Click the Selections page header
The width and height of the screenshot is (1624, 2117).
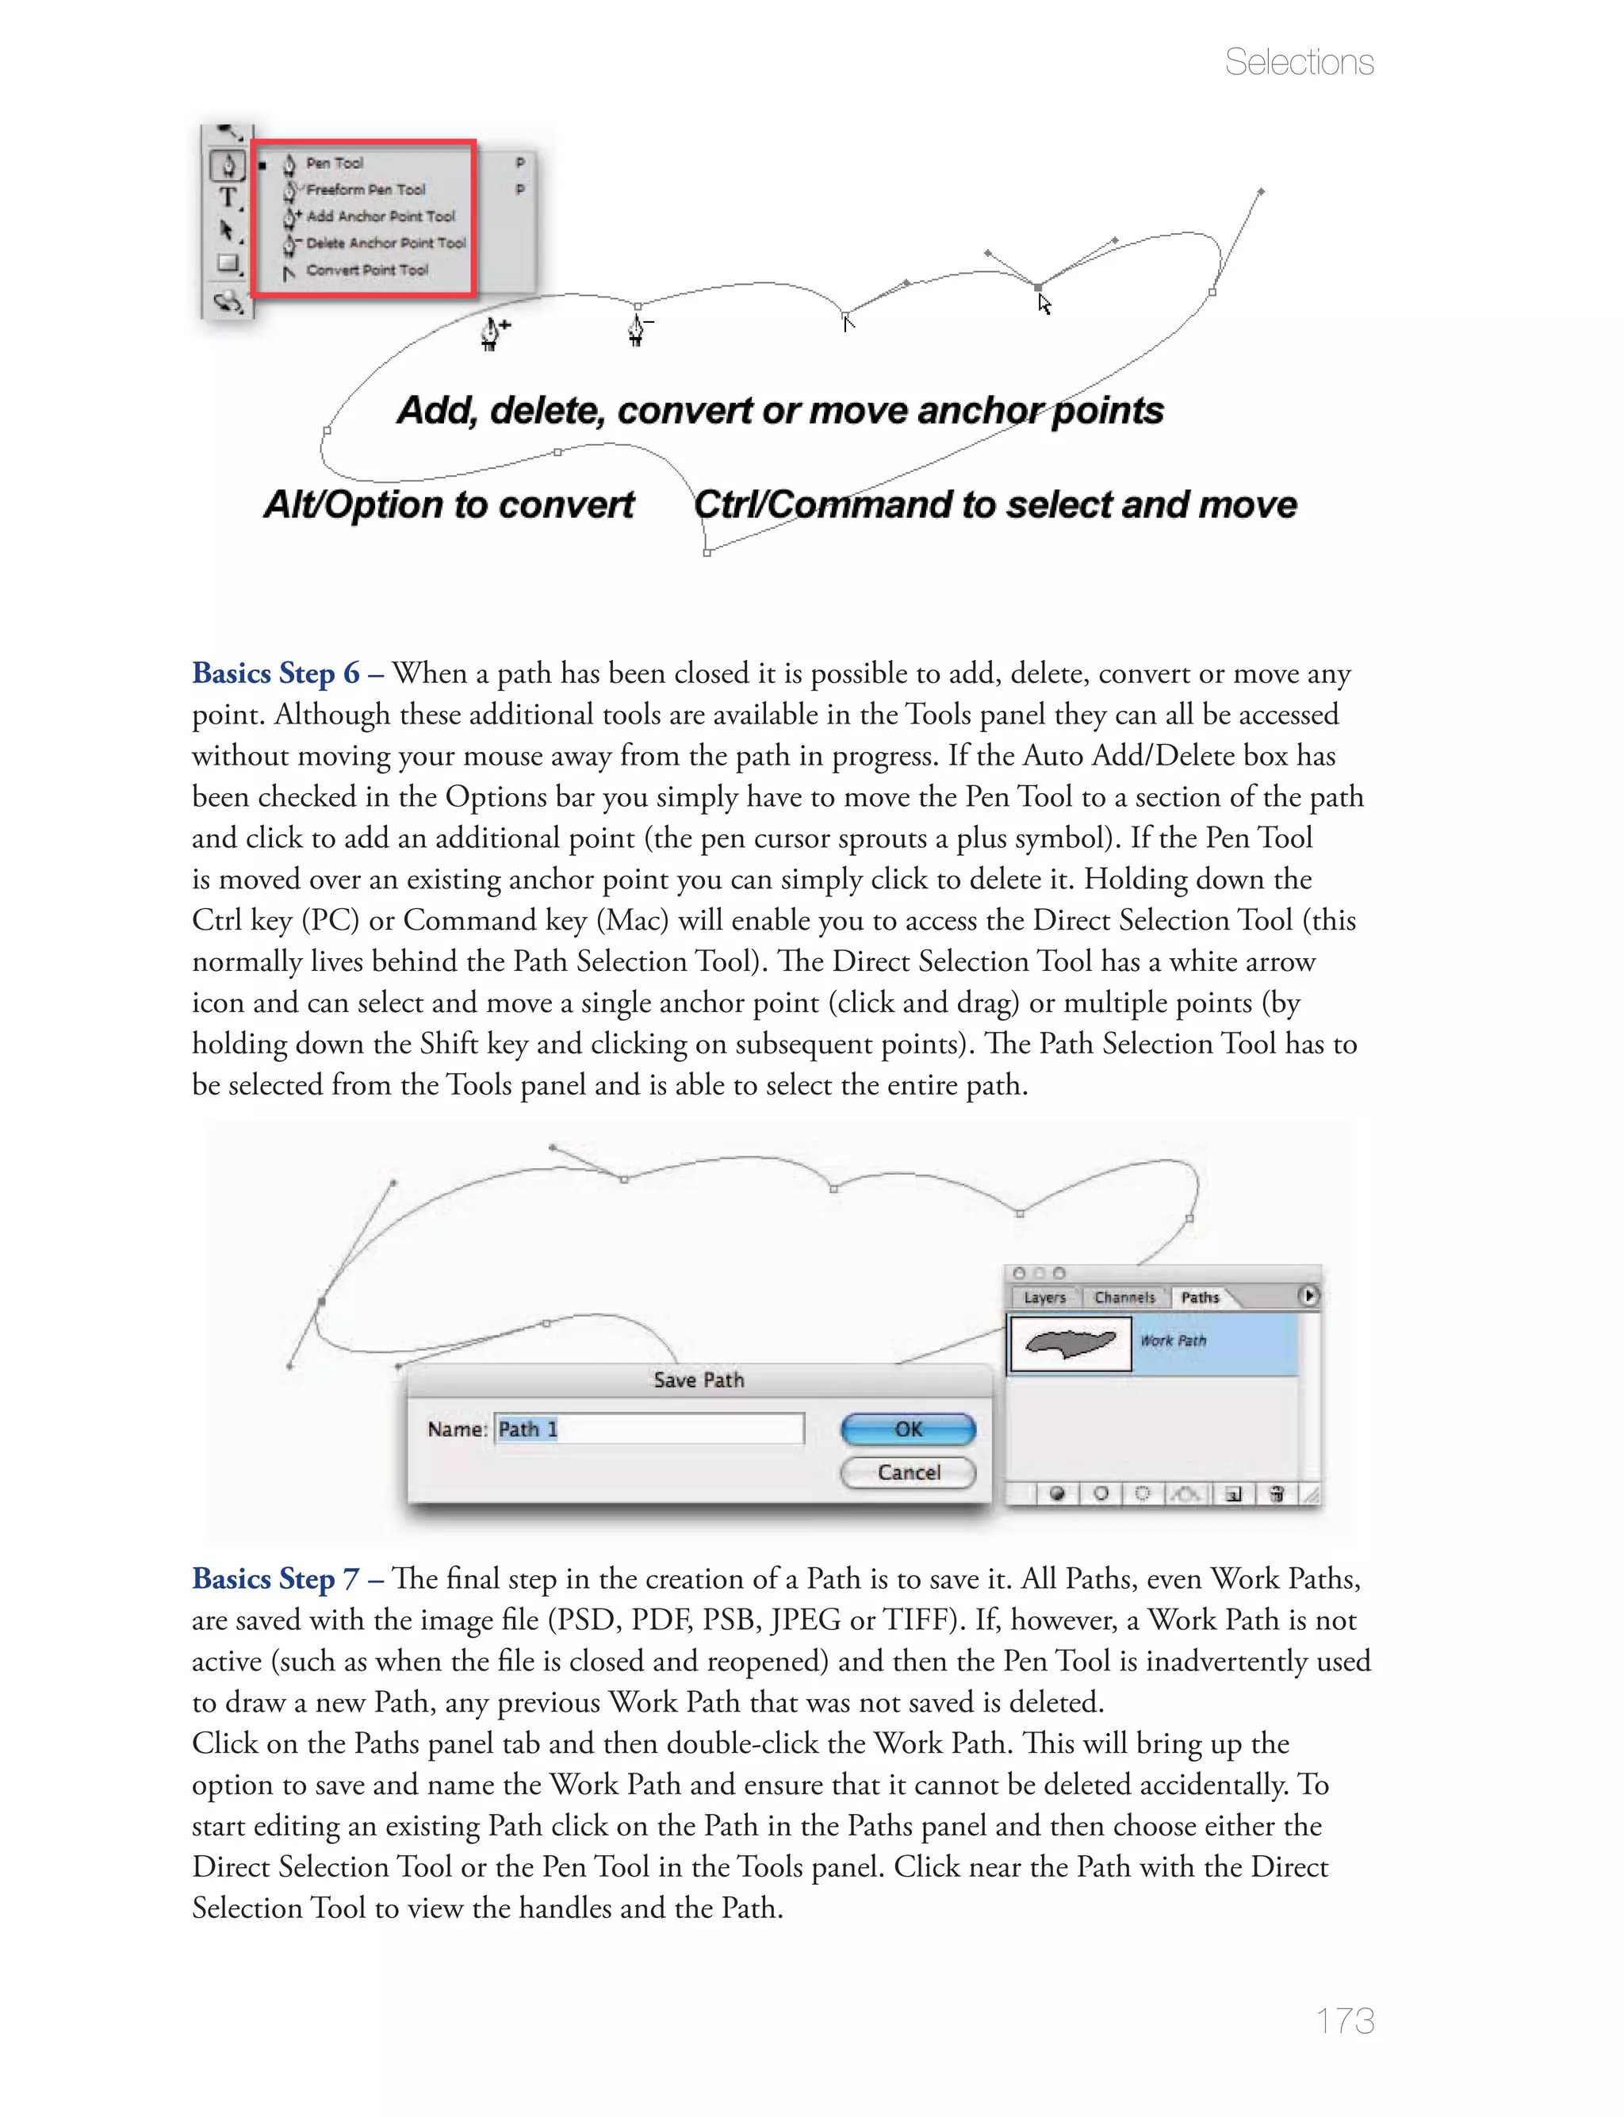[1298, 63]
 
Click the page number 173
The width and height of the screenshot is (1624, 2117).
[1345, 2019]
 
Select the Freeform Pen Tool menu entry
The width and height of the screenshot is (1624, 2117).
[366, 190]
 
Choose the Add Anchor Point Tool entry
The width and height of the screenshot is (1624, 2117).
[380, 217]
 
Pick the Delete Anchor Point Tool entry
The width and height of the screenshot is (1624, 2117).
[385, 244]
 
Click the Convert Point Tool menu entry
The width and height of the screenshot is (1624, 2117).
[366, 270]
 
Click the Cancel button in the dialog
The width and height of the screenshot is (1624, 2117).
[908, 1472]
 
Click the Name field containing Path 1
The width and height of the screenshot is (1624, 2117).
[649, 1429]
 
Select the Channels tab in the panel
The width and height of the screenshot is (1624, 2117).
[1124, 1298]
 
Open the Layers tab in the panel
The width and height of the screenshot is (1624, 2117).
[1044, 1298]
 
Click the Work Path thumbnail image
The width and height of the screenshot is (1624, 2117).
[1069, 1343]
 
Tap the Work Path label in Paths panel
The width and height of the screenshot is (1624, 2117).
[1173, 1340]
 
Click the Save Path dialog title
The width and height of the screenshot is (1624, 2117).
[698, 1380]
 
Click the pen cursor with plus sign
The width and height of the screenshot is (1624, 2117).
[494, 332]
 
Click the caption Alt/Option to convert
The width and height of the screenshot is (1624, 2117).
[449, 504]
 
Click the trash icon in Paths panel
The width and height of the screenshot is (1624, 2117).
[1276, 1494]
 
